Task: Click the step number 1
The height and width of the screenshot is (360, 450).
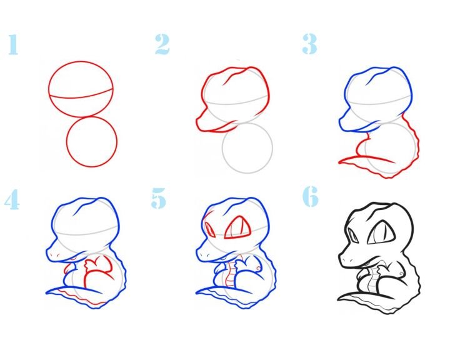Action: [13, 44]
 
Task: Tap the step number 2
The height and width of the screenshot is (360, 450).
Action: [162, 44]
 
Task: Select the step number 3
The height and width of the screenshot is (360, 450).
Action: [309, 44]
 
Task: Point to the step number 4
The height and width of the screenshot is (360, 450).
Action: [12, 199]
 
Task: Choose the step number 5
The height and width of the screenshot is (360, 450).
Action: [158, 198]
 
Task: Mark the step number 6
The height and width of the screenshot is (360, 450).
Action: [311, 196]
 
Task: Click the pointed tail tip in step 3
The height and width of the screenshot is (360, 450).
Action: [339, 162]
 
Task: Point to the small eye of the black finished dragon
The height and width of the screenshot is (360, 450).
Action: [353, 234]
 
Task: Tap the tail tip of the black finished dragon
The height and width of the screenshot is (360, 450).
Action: [339, 299]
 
